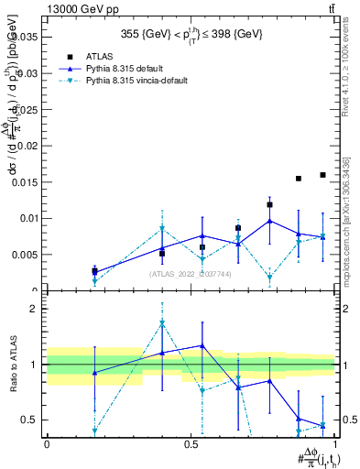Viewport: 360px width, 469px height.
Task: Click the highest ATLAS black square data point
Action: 322,175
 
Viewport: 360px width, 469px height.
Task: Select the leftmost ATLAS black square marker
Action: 94,271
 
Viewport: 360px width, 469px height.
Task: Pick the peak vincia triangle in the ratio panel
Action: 162,323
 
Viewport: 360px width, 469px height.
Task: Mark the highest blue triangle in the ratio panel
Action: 202,346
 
